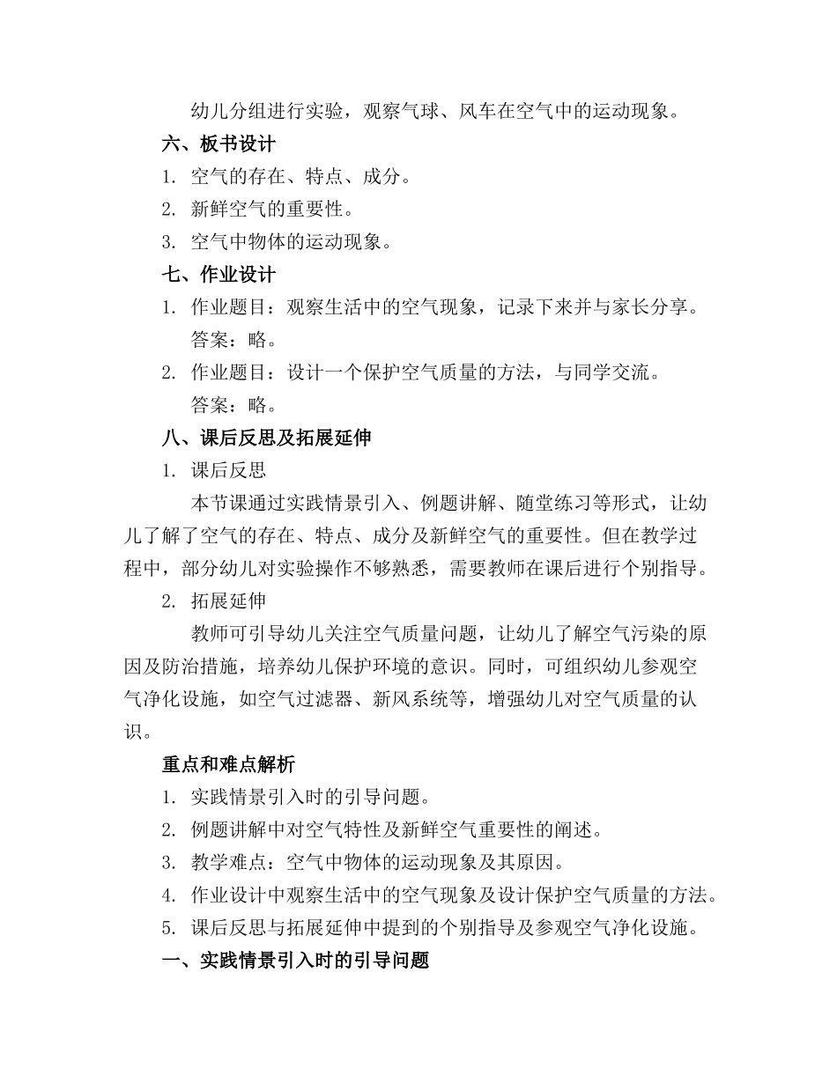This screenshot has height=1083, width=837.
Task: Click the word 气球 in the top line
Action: point(433,112)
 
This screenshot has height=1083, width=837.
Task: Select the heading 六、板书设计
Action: point(219,144)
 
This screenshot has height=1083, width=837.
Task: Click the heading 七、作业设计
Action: point(219,275)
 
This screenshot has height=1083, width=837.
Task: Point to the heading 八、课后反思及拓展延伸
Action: point(267,438)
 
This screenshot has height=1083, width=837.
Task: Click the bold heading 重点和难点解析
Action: point(229,764)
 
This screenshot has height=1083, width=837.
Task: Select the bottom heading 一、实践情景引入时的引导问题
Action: point(296,960)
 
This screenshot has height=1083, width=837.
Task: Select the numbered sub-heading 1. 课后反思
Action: point(214,470)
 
